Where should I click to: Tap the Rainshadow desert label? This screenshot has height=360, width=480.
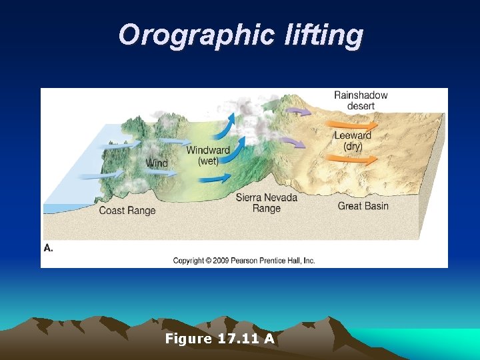pos(361,101)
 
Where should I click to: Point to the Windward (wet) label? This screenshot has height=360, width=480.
pos(208,155)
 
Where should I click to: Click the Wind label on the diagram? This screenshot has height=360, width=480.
pos(157,163)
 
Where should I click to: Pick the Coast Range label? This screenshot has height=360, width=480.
pos(127,211)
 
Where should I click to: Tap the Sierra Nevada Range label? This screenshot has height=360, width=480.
pos(266,203)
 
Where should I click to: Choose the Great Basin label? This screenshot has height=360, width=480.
pos(363,206)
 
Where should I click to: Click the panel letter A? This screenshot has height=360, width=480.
pos(48,247)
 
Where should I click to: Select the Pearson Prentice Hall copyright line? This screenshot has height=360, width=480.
pos(244,261)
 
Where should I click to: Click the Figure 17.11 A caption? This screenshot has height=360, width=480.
pos(220,339)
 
